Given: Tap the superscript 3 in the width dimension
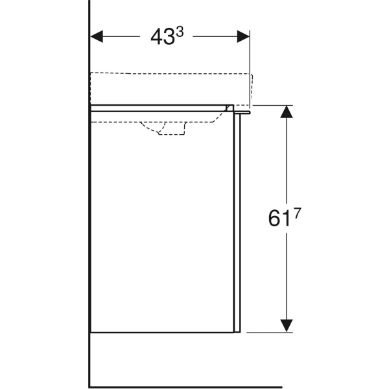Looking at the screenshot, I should coord(180,32).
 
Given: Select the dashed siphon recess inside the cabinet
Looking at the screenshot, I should coord(165,128).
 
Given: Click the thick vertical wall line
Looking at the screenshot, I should coord(89,194).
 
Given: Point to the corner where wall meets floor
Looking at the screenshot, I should coord(89,387).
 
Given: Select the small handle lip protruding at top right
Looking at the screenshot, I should coord(244,112).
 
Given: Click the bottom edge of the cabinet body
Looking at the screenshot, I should coord(162,333).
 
